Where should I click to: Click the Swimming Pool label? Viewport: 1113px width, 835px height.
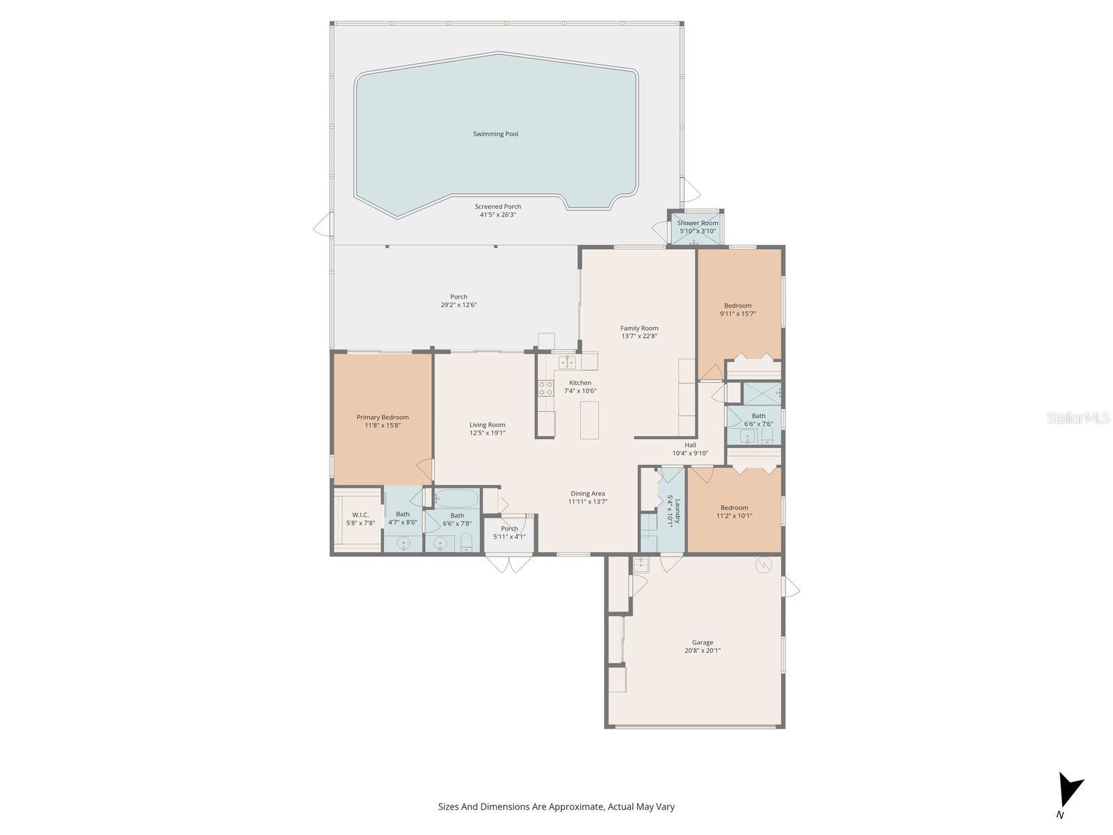pos(495,134)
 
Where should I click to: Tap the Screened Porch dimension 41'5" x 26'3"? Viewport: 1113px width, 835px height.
pos(497,215)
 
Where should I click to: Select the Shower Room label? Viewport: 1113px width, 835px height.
pos(698,223)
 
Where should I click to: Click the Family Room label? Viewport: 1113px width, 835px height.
pos(639,328)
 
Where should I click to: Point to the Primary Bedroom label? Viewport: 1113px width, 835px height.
pos(383,417)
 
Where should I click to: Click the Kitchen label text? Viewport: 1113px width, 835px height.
pos(580,383)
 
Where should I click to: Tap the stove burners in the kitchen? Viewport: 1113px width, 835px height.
pos(545,388)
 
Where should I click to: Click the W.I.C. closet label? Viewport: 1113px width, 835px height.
pos(360,515)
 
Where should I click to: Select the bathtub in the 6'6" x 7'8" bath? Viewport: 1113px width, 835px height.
pos(456,498)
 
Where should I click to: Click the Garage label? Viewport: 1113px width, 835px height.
pos(702,643)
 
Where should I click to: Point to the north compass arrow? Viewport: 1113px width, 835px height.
pos(1068,790)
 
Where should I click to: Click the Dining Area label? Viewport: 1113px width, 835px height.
pos(588,493)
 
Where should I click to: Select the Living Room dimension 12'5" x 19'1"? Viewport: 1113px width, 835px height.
pos(487,433)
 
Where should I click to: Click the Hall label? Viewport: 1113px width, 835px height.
pos(690,445)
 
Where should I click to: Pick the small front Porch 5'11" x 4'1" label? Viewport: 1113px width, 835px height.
pos(509,529)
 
